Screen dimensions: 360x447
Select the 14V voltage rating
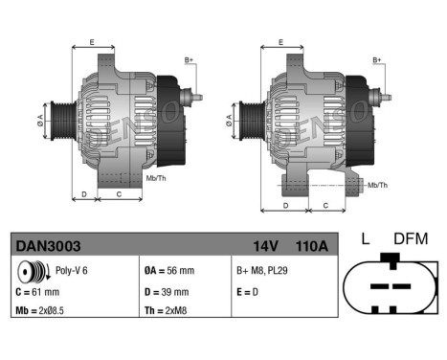[265, 246]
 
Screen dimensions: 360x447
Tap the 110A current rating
[310, 246]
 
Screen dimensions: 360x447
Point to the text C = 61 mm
[38, 292]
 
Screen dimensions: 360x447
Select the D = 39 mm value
[165, 292]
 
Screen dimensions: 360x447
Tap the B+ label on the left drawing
[189, 60]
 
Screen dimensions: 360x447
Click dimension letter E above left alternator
[92, 42]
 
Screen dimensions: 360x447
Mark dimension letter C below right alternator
[326, 205]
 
